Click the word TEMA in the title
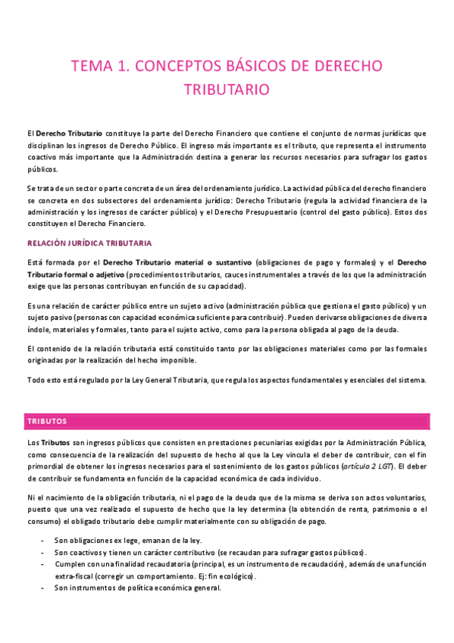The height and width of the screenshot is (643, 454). click(89, 66)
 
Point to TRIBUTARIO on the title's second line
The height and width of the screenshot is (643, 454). click(227, 89)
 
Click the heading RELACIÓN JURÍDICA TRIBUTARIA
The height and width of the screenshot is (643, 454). click(89, 243)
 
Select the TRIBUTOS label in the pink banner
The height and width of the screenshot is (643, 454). click(47, 420)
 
